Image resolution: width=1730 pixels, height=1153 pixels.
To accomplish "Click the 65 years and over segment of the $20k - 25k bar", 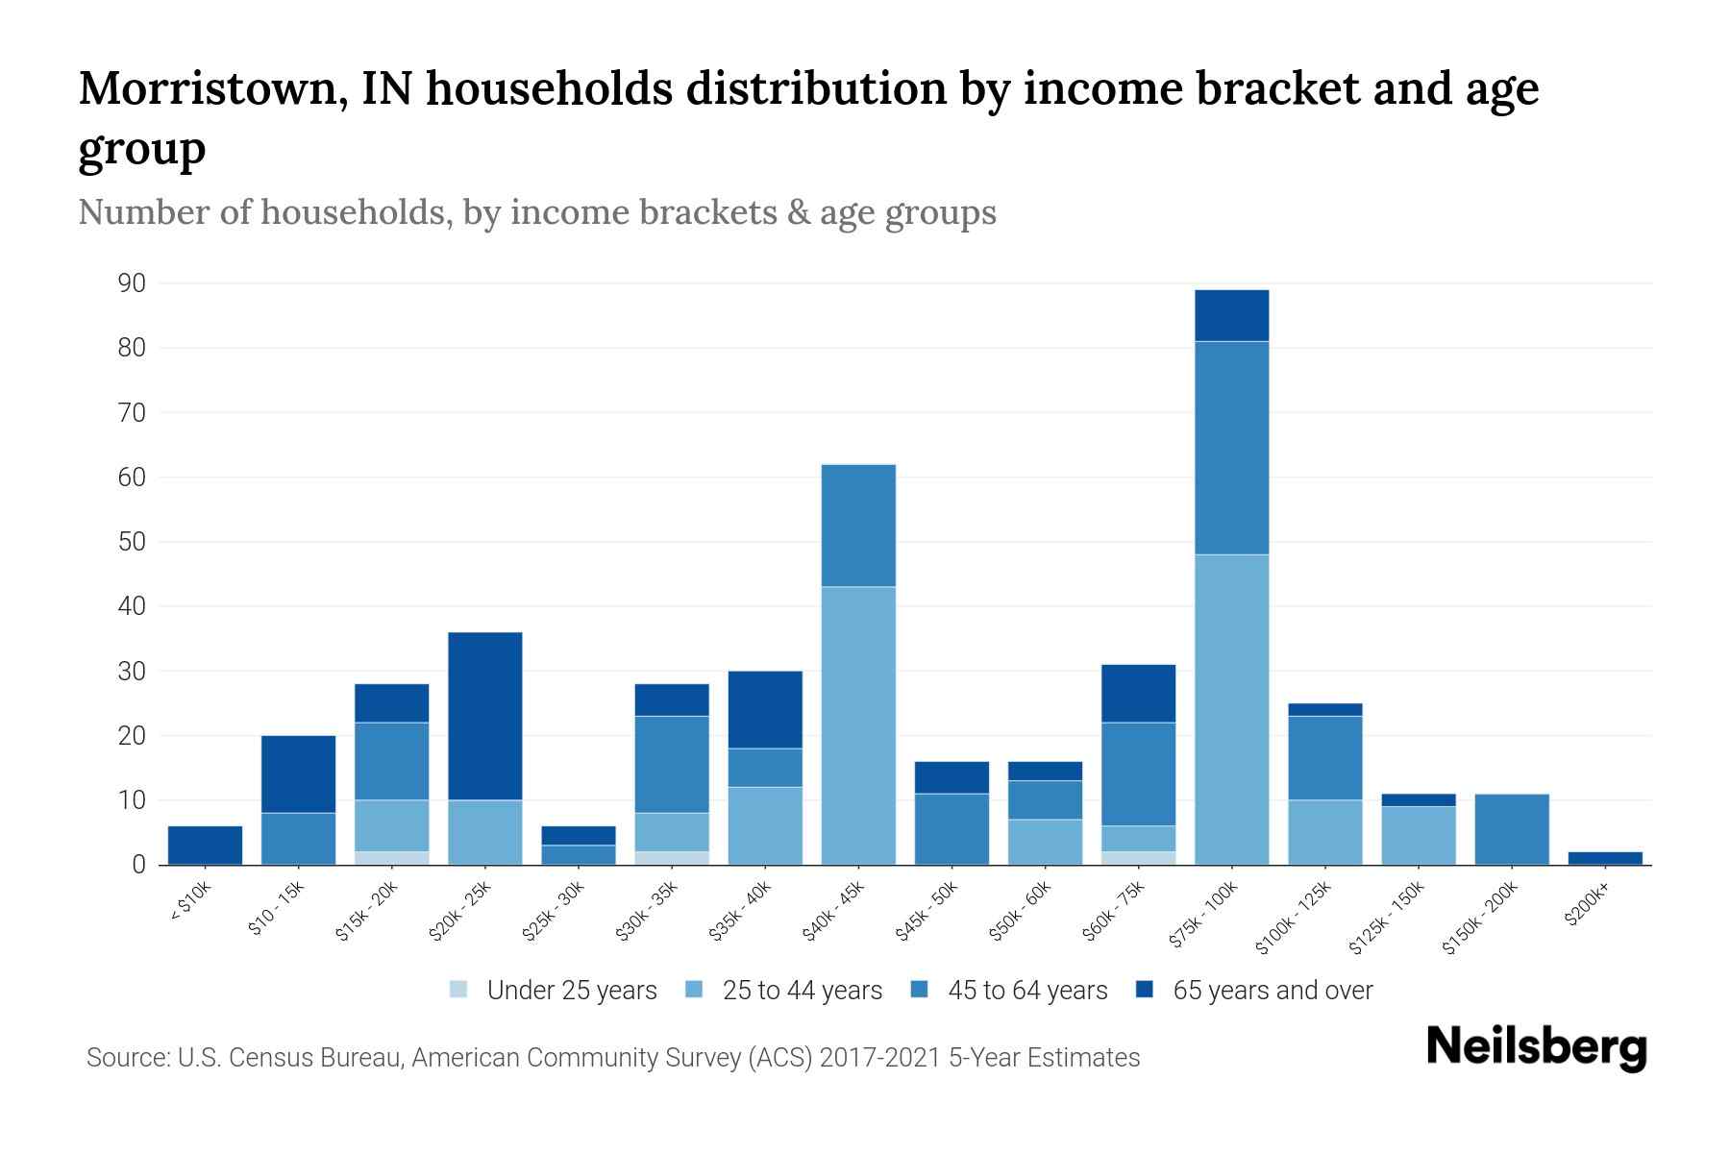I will coord(485,716).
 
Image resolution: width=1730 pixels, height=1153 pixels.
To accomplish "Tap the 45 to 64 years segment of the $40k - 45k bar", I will coord(858,526).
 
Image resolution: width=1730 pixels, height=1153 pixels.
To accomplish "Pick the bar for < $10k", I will coord(205,846).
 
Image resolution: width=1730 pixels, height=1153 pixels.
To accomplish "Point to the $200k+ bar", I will coord(1604,858).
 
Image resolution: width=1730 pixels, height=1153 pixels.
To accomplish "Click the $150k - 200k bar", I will coord(1511,829).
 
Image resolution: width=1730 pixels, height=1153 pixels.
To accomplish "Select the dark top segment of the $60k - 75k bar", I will coord(1138,693).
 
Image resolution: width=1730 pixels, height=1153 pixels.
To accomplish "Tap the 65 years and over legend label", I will coord(1272,991).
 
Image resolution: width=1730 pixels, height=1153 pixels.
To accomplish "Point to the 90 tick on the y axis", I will coord(132,283).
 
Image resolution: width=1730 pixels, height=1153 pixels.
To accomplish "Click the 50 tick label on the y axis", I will coord(132,542).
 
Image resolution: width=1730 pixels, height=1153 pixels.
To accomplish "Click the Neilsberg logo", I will coord(1536,1047).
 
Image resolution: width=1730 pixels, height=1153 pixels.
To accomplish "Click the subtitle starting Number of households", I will coord(536,212).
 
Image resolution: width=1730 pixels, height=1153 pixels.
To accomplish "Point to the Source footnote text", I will coord(612,1058).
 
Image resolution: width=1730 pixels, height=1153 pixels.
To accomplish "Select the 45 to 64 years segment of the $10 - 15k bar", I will coord(298,839).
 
